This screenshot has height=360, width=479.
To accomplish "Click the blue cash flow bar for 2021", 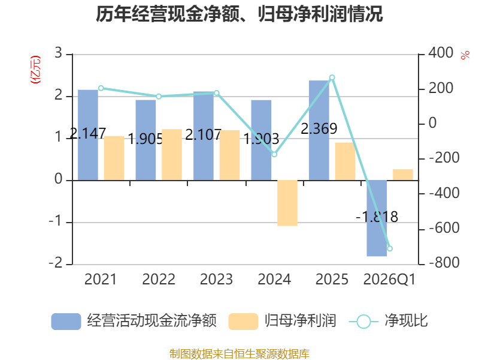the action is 88,135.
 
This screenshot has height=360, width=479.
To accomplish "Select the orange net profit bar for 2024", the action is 287,203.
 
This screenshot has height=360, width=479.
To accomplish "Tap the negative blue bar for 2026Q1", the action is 377,218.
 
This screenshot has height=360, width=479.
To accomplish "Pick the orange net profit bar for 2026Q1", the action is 402,175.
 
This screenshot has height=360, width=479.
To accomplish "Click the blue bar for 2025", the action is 319,130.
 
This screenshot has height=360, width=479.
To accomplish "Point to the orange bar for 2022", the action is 172,155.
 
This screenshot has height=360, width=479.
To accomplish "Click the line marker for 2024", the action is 274,155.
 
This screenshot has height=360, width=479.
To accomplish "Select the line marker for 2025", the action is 332,78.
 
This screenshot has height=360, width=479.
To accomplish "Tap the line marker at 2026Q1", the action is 390,248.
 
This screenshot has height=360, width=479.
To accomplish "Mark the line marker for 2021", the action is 101,88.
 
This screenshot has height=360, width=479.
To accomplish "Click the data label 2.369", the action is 319,128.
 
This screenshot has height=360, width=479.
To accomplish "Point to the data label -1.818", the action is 377,217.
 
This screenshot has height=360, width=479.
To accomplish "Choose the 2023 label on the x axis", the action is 216,279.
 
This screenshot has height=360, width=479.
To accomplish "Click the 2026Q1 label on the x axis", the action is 390,280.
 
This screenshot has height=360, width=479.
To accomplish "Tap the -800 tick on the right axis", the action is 444,263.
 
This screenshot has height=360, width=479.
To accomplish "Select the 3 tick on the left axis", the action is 58,53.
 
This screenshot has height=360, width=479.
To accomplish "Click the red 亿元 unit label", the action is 35,70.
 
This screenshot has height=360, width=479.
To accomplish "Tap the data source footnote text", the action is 239,353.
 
